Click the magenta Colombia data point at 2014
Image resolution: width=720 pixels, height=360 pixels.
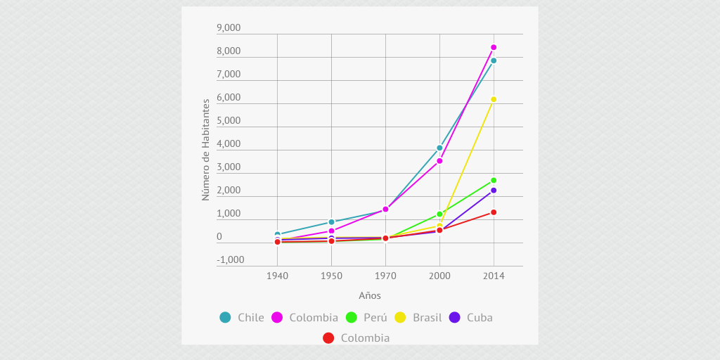click(494, 47)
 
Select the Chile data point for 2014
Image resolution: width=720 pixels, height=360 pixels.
click(494, 60)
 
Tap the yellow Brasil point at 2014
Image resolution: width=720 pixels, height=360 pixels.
click(494, 99)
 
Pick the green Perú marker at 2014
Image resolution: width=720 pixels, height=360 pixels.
click(494, 181)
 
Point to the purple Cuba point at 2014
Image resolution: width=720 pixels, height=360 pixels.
click(494, 190)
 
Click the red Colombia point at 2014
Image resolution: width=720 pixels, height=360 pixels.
click(494, 212)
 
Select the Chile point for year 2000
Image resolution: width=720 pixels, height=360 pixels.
click(439, 148)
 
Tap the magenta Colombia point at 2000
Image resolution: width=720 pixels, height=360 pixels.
click(439, 161)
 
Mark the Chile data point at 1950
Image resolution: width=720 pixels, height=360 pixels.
click(331, 222)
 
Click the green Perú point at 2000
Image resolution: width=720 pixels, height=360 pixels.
click(439, 214)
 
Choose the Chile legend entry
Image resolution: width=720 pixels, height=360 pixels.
click(242, 317)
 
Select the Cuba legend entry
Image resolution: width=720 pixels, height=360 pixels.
click(471, 317)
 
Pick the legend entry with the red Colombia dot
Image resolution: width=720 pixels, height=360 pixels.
click(356, 338)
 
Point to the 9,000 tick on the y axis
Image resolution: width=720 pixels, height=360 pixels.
click(229, 28)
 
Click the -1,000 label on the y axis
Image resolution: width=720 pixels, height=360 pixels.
click(230, 259)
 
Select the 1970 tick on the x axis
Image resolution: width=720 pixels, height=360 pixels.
click(385, 276)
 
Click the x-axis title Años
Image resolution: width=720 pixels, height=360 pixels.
click(370, 296)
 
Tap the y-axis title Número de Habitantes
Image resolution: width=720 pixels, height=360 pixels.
click(206, 150)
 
